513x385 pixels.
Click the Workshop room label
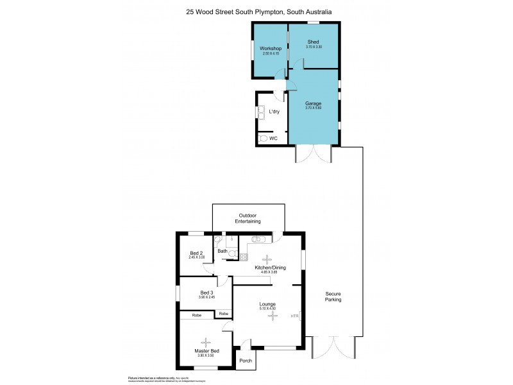click(271, 48)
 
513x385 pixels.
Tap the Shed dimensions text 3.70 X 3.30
click(314, 47)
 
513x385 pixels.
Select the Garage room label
click(313, 103)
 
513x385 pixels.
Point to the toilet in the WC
click(262, 138)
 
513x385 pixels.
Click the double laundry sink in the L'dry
click(261, 112)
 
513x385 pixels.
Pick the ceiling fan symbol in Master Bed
click(206, 342)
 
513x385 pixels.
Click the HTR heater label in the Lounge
click(295, 316)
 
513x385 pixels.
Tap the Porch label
click(246, 361)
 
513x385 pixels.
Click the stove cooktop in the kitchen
click(244, 257)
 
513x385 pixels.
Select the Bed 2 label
click(196, 253)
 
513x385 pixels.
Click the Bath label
click(222, 251)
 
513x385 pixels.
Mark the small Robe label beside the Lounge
click(223, 313)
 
